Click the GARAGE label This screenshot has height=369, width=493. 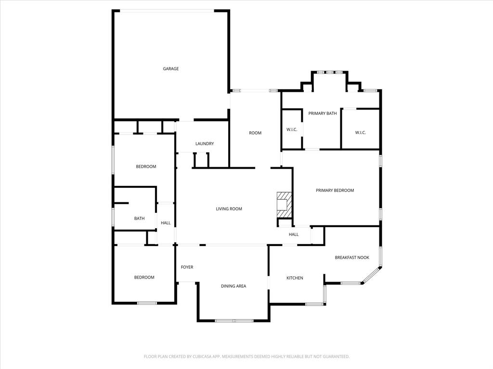point(170,69)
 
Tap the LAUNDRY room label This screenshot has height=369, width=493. point(205,144)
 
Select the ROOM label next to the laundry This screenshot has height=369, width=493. point(255,133)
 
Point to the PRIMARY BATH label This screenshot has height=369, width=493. point(323,113)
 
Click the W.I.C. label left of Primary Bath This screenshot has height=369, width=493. point(292,130)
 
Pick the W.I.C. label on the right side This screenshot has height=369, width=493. point(361,133)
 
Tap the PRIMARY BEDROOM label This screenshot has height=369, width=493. point(335,190)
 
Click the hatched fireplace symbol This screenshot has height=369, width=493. point(284,205)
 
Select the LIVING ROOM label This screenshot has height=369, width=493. point(229,209)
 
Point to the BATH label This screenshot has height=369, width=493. point(139,219)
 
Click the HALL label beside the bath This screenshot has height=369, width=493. point(166,223)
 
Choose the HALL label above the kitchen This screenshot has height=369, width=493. point(294,234)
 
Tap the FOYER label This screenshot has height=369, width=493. point(187,267)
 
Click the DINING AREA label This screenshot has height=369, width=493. point(234,286)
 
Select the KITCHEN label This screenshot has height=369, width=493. point(295,278)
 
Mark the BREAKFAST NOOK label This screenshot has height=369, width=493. point(352,258)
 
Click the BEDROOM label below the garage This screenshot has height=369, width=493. point(146,167)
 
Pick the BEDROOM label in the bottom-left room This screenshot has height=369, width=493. point(144,277)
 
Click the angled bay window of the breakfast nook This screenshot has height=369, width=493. point(371,275)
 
